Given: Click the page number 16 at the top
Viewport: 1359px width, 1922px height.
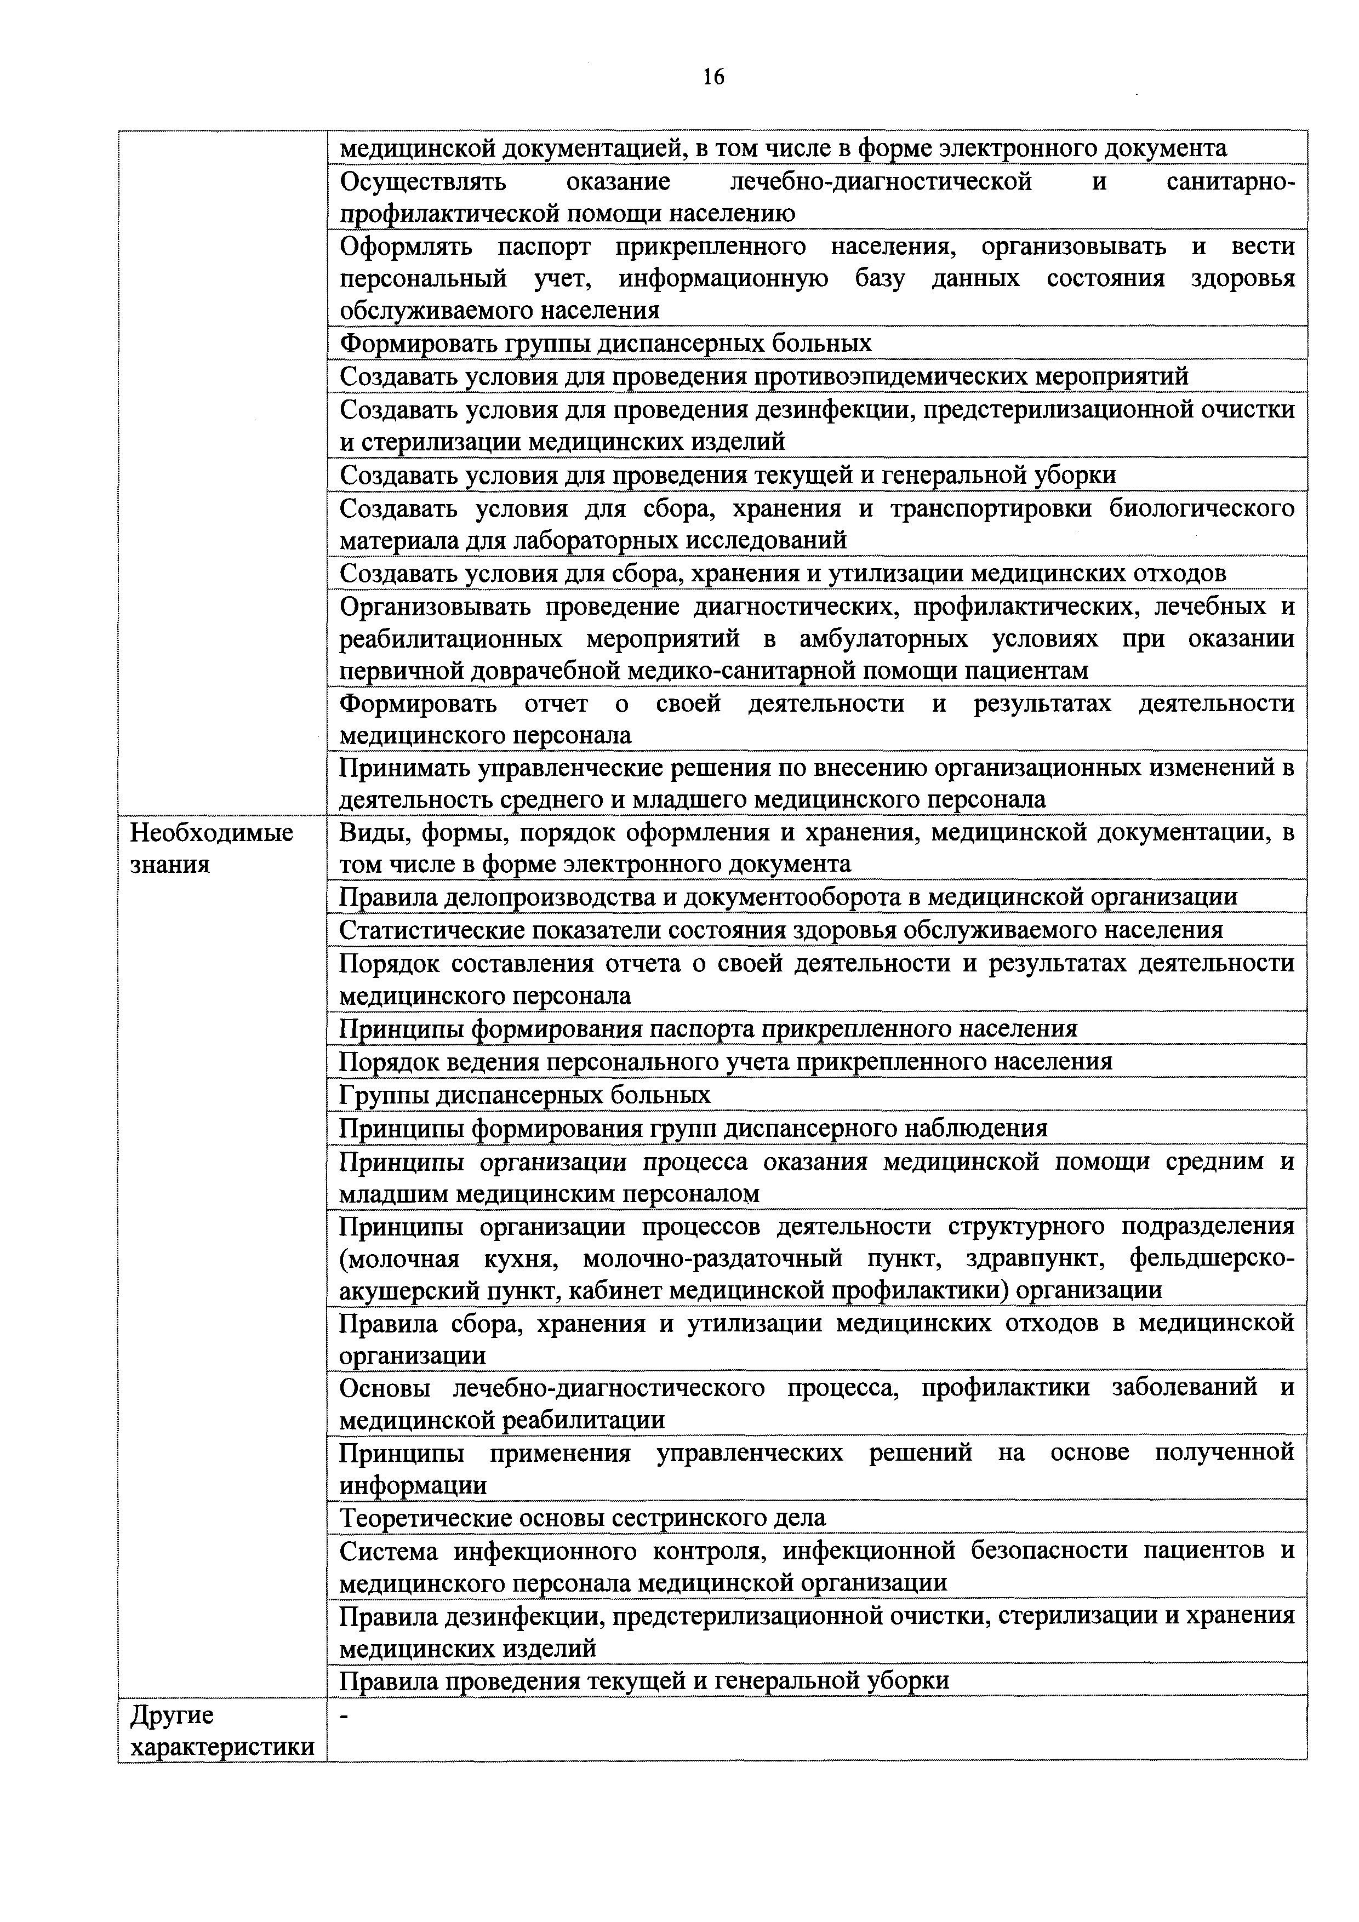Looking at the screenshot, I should click(713, 78).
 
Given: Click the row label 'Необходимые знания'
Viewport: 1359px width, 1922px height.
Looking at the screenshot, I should click(212, 848).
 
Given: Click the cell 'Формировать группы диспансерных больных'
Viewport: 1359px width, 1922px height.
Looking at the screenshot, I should click(606, 343).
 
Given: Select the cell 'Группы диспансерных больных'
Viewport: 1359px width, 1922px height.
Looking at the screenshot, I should click(525, 1095).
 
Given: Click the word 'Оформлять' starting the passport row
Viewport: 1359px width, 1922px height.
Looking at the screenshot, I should click(406, 246).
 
